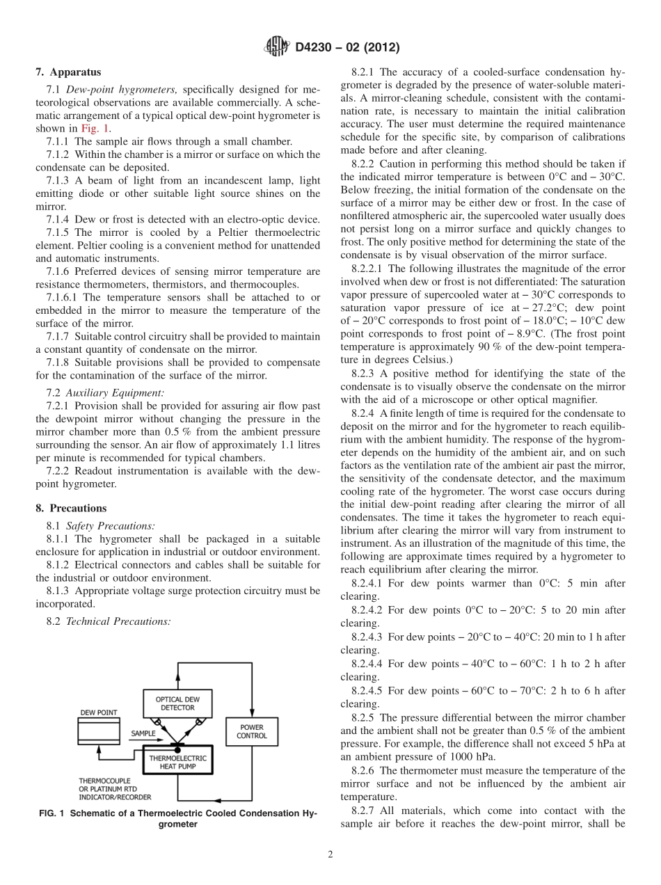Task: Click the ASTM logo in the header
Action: [x=277, y=47]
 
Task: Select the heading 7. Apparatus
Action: [x=68, y=72]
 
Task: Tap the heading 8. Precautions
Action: [x=71, y=508]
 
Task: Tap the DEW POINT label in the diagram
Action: [x=98, y=712]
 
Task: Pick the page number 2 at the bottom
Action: [x=330, y=855]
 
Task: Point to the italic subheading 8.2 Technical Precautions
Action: [x=108, y=621]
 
